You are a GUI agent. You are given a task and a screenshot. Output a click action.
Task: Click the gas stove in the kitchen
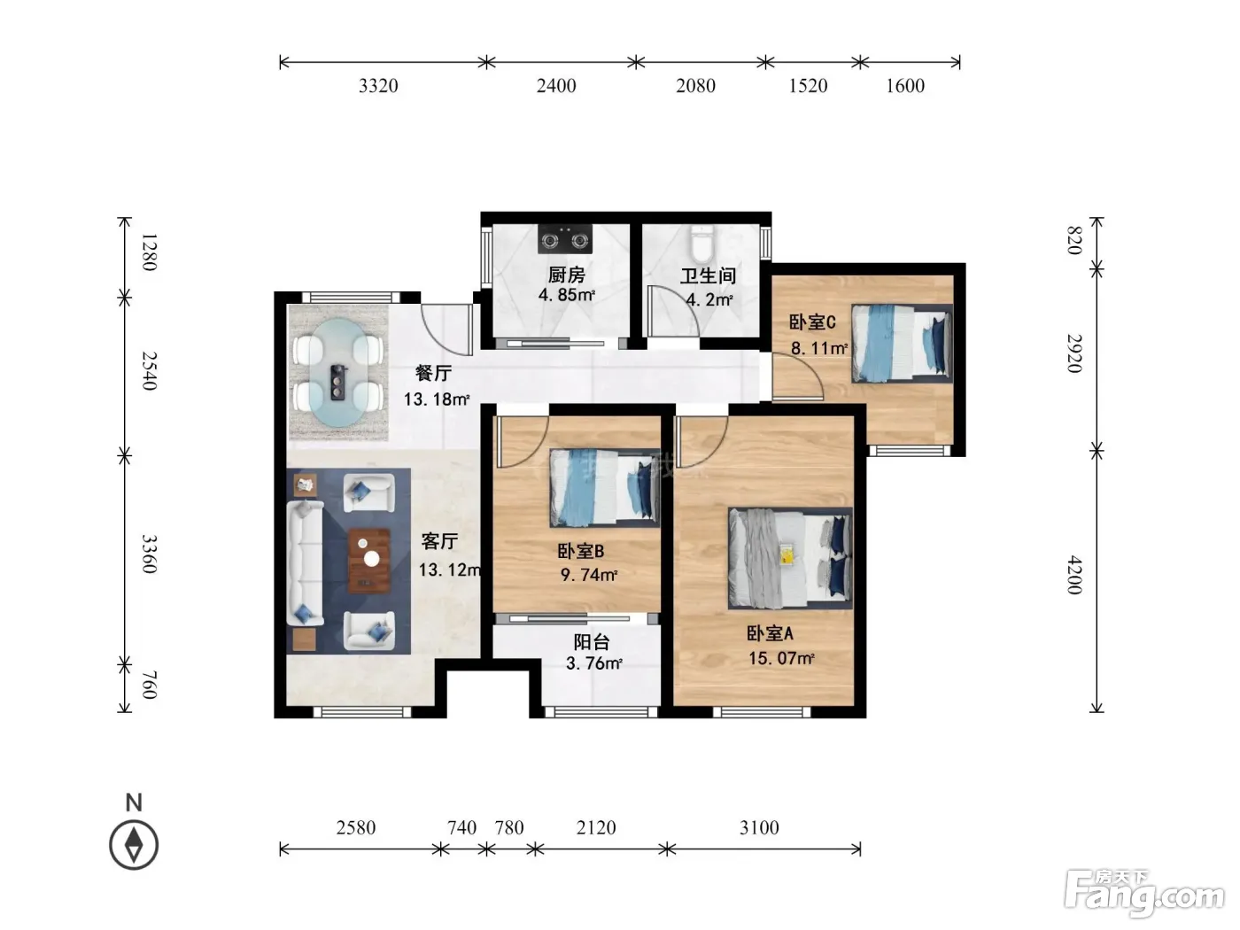click(565, 239)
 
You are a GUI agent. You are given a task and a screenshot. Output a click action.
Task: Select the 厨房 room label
click(567, 275)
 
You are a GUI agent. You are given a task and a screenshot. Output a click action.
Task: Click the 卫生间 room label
click(708, 276)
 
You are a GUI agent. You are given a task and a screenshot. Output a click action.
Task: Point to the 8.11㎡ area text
click(818, 348)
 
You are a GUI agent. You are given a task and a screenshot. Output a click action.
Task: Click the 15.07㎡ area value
click(781, 658)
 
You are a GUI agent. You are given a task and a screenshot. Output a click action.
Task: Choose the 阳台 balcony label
click(592, 641)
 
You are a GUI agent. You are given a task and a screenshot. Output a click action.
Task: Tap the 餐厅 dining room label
click(433, 373)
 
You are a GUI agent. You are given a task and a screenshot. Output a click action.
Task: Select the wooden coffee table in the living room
click(369, 561)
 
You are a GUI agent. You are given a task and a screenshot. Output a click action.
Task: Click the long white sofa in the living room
click(305, 563)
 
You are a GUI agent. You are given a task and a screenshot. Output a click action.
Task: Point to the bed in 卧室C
click(902, 344)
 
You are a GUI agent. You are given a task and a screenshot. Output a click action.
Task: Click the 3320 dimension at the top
click(378, 86)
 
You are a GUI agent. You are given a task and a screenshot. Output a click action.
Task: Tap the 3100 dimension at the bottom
click(759, 828)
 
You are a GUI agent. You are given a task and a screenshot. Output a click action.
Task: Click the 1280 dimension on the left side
click(149, 252)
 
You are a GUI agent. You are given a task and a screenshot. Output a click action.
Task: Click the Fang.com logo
click(1144, 894)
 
